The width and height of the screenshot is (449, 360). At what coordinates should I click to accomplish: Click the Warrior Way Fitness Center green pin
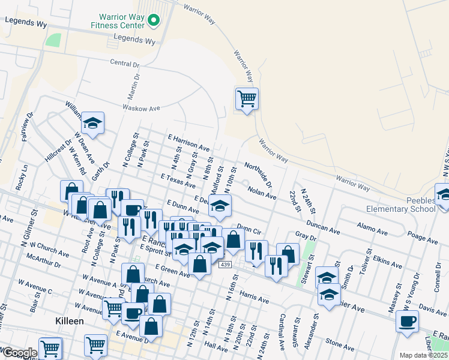[x=153, y=21]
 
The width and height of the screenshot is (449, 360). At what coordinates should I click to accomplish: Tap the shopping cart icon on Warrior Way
[x=247, y=98]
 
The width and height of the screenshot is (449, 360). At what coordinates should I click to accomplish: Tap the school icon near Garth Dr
[x=92, y=123]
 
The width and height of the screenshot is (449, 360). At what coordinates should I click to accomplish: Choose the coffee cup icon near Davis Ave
[x=408, y=321]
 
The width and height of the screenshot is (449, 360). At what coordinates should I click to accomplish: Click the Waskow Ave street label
[x=142, y=108]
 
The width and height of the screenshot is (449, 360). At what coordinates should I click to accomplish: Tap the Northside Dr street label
[x=258, y=174]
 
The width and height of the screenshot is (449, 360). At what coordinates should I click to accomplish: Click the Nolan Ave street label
[x=262, y=192]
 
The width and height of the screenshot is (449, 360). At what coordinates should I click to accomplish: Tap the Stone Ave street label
[x=340, y=344]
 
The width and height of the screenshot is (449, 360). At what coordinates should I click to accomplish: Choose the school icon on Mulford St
[x=220, y=206]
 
